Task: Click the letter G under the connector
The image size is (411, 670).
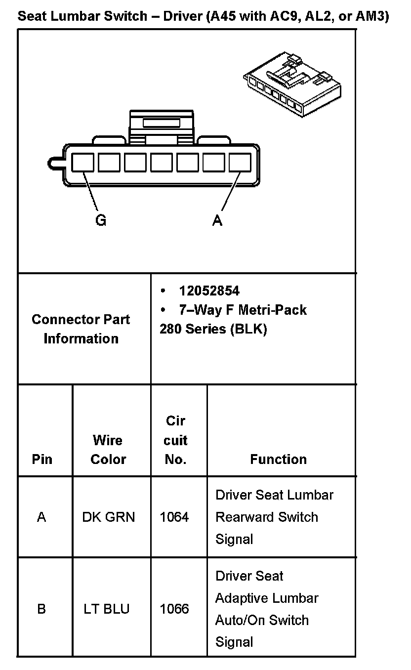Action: tap(101, 220)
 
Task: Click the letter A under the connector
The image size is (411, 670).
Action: tap(217, 220)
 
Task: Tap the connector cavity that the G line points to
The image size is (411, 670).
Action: tap(82, 162)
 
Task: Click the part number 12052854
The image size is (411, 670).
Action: tap(209, 291)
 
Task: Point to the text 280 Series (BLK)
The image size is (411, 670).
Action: tap(213, 329)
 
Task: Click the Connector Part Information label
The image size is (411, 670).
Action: tap(81, 329)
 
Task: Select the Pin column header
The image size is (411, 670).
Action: tap(42, 459)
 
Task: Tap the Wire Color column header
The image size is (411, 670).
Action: tap(108, 449)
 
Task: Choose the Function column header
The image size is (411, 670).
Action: tap(278, 459)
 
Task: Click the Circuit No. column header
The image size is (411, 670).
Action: tap(175, 440)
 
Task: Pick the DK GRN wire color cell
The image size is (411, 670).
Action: tap(109, 517)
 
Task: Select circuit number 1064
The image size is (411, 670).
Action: tap(174, 517)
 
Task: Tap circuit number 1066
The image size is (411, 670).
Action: tap(174, 609)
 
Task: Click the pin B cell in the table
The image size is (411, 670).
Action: tap(41, 609)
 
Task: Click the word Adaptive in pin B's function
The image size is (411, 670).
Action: tap(239, 598)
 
